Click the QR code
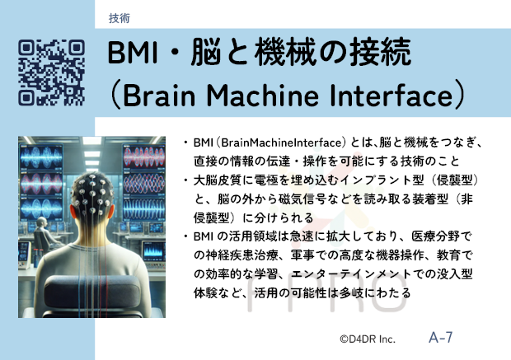click(x=51, y=72)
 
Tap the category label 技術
click(x=120, y=18)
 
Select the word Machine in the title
click(x=262, y=96)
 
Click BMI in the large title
click(x=133, y=53)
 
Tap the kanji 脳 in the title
click(x=205, y=52)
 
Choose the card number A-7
click(x=441, y=337)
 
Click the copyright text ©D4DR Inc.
click(x=368, y=339)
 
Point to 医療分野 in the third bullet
click(x=435, y=236)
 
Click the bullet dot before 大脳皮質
click(x=185, y=180)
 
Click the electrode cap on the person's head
click(x=93, y=192)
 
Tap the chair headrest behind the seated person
click(x=92, y=292)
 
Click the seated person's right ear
click(x=110, y=211)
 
